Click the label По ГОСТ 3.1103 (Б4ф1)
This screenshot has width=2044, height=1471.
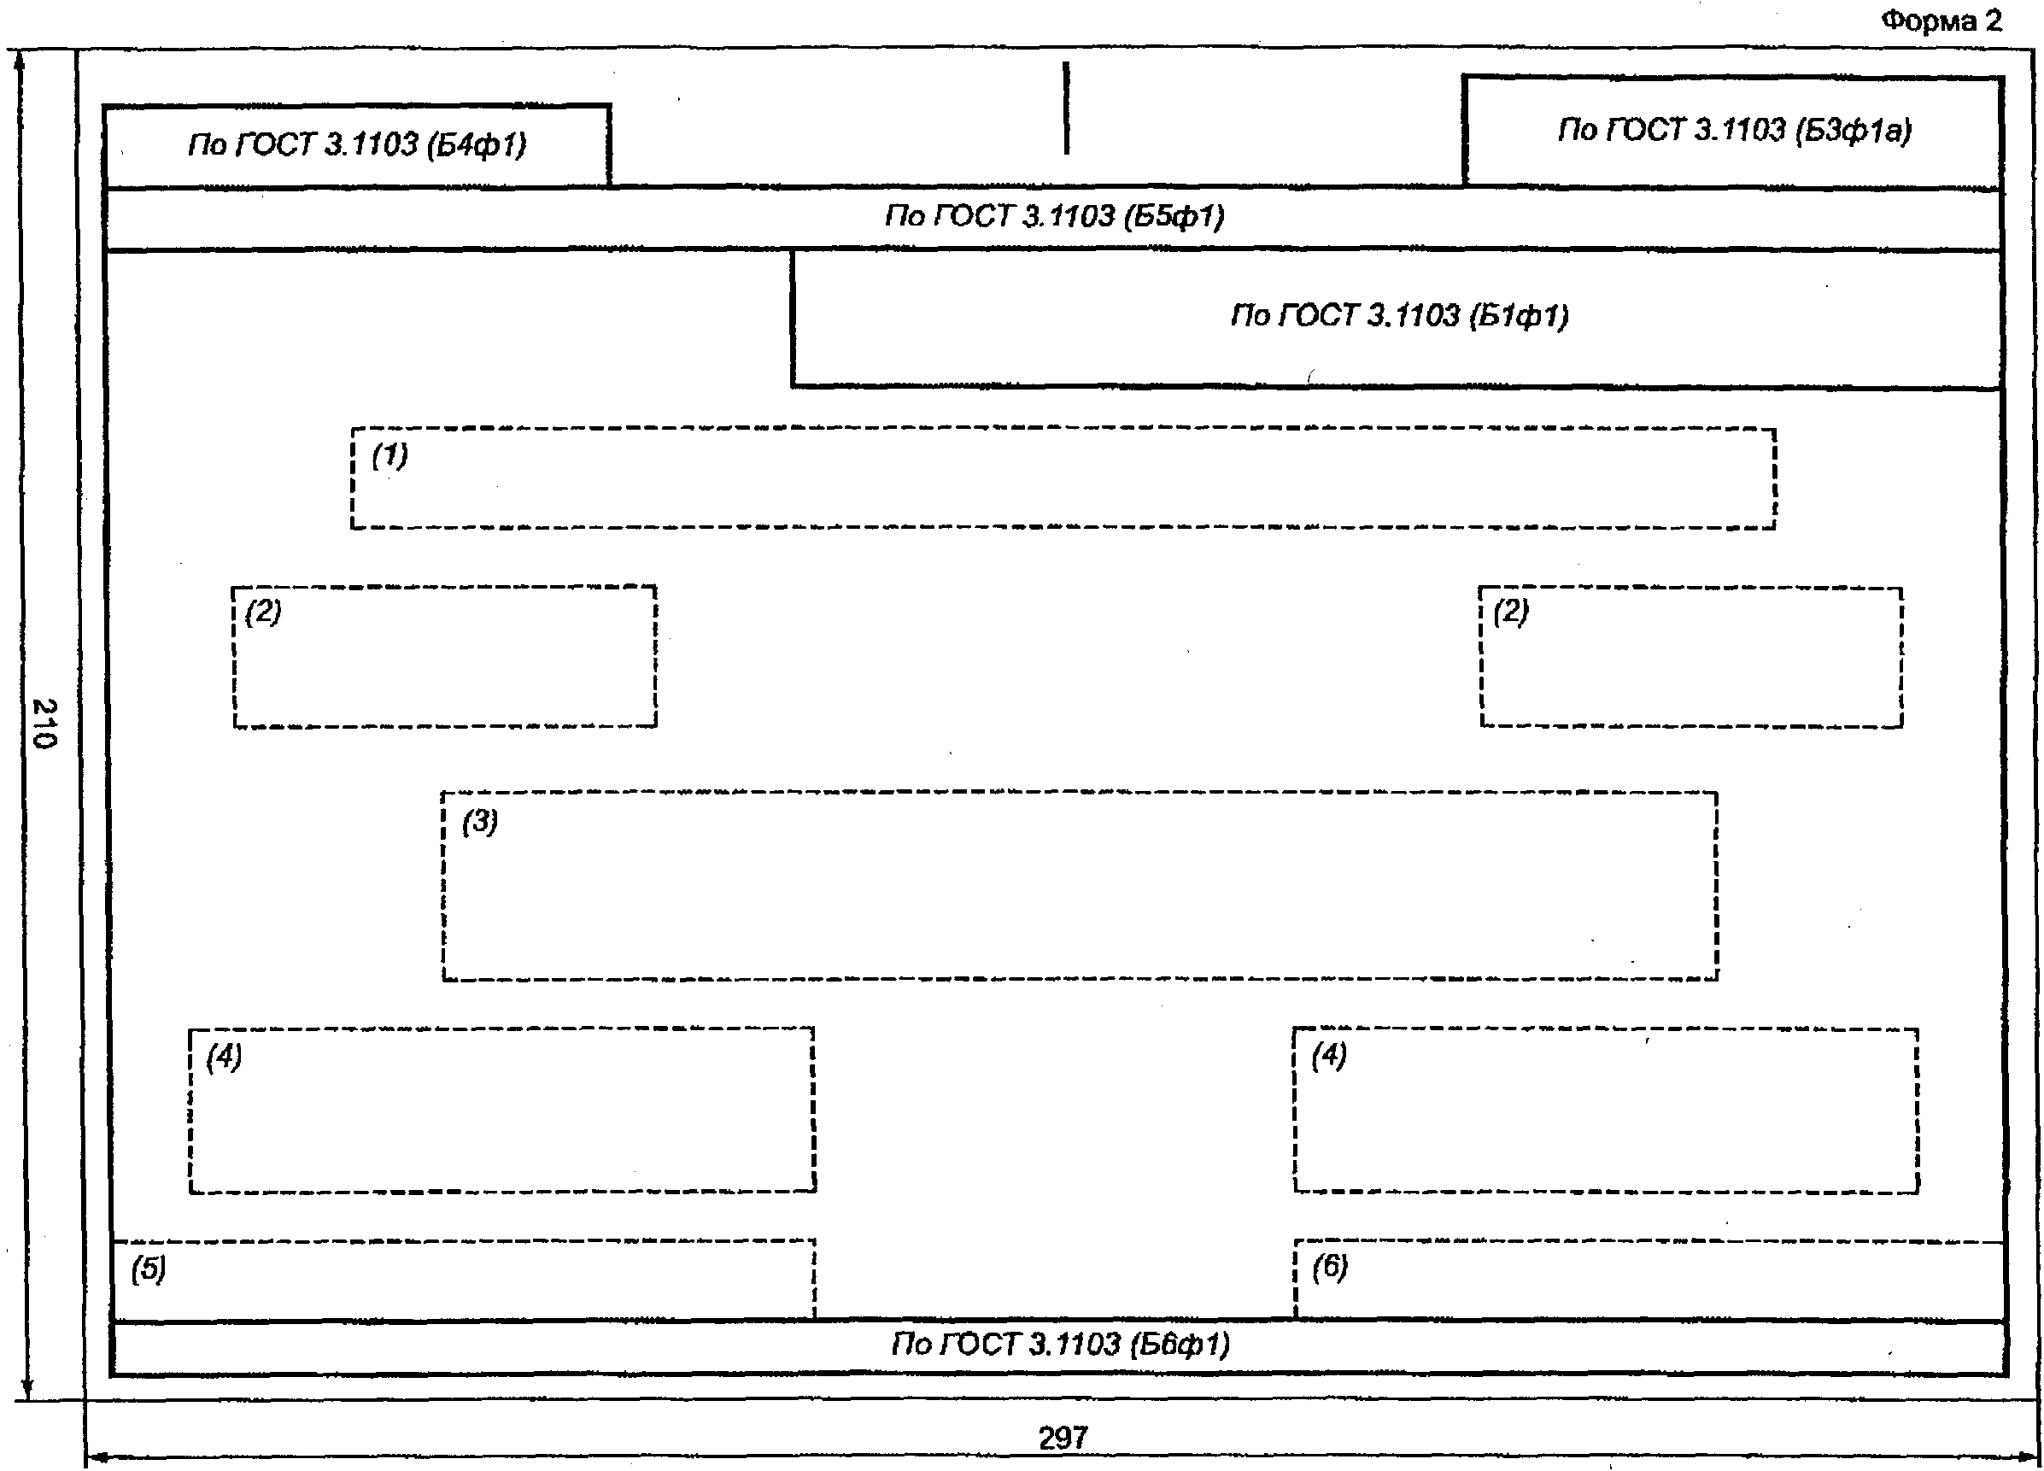point(357,144)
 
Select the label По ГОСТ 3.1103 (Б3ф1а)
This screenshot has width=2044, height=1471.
point(1734,131)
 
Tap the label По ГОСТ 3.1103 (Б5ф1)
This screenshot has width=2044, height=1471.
point(1054,216)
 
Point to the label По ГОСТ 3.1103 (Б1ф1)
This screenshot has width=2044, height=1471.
point(1400,315)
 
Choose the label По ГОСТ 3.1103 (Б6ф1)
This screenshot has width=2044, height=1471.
point(1061,1344)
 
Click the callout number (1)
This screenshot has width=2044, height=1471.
point(389,455)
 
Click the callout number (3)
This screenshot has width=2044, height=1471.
point(479,821)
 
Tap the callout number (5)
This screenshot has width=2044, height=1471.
point(149,1269)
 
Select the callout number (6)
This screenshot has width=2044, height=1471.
point(1329,1266)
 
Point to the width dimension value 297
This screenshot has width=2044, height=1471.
point(1063,1438)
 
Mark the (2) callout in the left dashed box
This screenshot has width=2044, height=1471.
point(263,612)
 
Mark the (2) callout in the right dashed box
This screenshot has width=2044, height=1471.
point(1510,612)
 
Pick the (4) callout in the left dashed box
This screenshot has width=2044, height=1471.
point(224,1056)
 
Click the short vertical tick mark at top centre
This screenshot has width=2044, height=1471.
point(1066,108)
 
